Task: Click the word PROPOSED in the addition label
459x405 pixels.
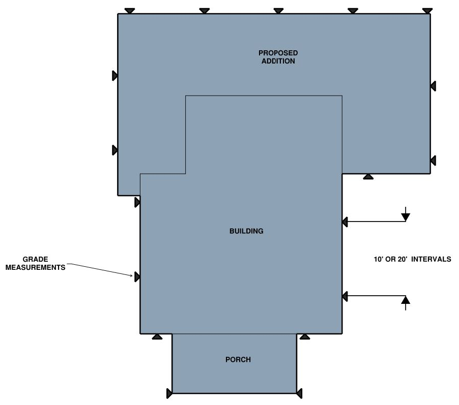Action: pyautogui.click(x=278, y=53)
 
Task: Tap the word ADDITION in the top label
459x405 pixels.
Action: pyautogui.click(x=278, y=61)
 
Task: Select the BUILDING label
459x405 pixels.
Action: pyautogui.click(x=246, y=231)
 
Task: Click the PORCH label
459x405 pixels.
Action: pyautogui.click(x=238, y=359)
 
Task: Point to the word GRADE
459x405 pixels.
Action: pyautogui.click(x=36, y=259)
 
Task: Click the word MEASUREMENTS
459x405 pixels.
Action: pyautogui.click(x=36, y=267)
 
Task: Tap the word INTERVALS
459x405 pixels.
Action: pyautogui.click(x=431, y=259)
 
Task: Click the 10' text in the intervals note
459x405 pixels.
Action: pyautogui.click(x=379, y=259)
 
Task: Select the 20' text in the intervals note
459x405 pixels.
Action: pyautogui.click(x=403, y=259)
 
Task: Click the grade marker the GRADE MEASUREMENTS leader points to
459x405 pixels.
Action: pyautogui.click(x=137, y=276)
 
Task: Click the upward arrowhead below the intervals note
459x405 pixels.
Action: pyautogui.click(x=406, y=300)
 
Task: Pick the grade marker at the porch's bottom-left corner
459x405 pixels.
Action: pyautogui.click(x=169, y=393)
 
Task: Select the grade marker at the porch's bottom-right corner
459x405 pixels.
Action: pyautogui.click(x=299, y=393)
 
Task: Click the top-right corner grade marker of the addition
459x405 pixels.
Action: pyautogui.click(x=427, y=11)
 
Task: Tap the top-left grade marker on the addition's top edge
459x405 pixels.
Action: pyautogui.click(x=130, y=11)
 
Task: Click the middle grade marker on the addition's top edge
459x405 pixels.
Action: pyautogui.click(x=278, y=11)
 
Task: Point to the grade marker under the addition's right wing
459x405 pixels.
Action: pyautogui.click(x=368, y=176)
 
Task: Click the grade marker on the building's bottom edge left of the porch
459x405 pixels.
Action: pyautogui.click(x=157, y=336)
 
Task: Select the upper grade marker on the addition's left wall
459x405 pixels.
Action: pyautogui.click(x=115, y=76)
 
